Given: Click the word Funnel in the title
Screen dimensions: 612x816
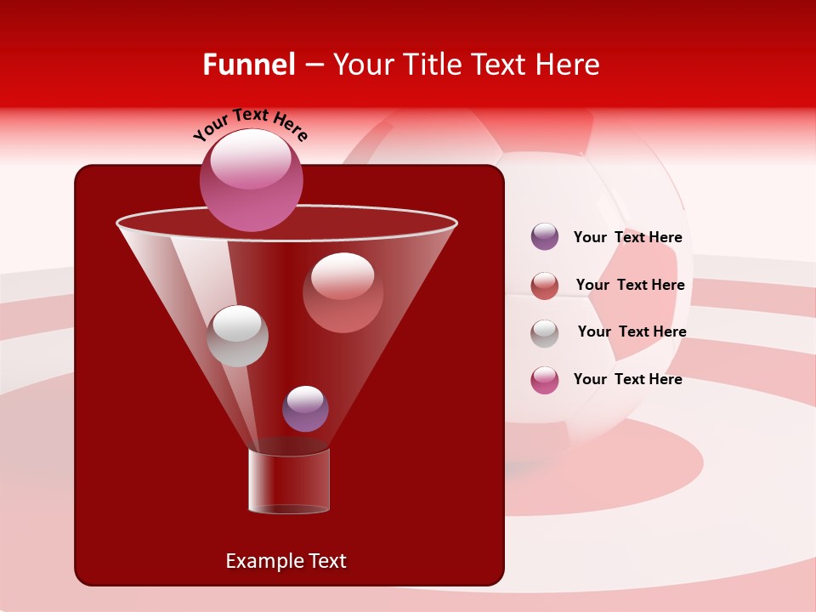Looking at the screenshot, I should coord(248,65).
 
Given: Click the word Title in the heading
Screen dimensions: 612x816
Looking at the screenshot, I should coord(432,65).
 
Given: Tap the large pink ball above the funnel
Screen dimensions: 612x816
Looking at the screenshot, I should coord(251,180).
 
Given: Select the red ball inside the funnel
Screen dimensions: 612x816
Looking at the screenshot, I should coord(343,292).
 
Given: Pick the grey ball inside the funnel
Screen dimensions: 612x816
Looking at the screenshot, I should coord(237,336).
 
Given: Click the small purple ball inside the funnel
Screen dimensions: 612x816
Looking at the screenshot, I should coord(305,408).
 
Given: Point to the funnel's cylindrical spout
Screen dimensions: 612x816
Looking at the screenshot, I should coord(289,481).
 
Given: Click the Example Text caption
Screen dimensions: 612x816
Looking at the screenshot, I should coord(286,561).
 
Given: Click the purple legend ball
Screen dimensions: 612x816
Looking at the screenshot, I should coord(545,237).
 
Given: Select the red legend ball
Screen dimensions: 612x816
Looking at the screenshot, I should coord(545,286).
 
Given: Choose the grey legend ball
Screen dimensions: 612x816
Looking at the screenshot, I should coord(545,332).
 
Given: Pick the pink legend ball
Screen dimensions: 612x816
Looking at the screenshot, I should coord(545,380).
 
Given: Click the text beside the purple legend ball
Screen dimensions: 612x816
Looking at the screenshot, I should coord(627,237).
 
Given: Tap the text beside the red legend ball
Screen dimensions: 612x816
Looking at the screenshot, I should coord(630,285).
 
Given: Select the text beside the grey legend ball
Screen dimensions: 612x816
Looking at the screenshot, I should coord(632,331).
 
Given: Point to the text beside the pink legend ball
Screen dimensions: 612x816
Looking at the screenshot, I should coord(627,379).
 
